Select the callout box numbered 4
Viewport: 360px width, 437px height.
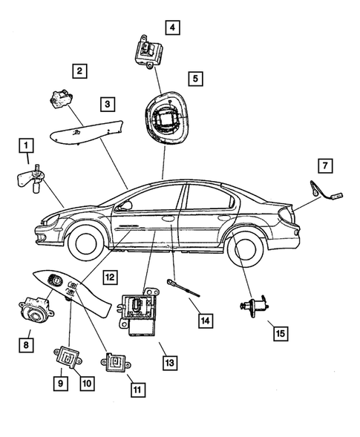173,28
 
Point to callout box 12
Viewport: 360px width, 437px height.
109,277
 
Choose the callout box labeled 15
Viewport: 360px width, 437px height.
278,332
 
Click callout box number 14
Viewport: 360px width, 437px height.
205,321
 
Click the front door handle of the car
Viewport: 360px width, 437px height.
168,219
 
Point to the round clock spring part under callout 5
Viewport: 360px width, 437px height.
168,116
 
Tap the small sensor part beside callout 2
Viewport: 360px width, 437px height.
62,98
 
